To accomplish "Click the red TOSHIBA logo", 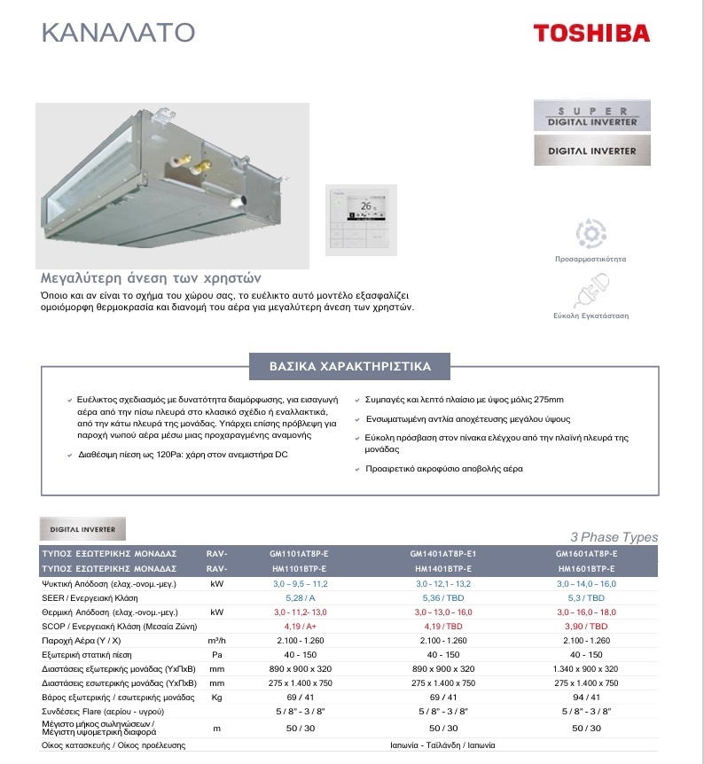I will point(591,34).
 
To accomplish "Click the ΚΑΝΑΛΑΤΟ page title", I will point(118,33).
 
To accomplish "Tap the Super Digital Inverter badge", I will point(592,116).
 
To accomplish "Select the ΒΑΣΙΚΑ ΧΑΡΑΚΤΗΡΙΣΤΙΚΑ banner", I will point(351,366).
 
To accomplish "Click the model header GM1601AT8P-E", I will point(588,553).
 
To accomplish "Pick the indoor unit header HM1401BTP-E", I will point(443,568).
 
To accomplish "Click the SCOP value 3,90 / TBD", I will point(588,626).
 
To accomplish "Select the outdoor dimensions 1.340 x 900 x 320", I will point(588,668).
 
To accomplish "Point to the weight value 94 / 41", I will point(588,698).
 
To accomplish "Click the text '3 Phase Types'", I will point(614,537).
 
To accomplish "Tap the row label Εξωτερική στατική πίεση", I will point(92,654).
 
